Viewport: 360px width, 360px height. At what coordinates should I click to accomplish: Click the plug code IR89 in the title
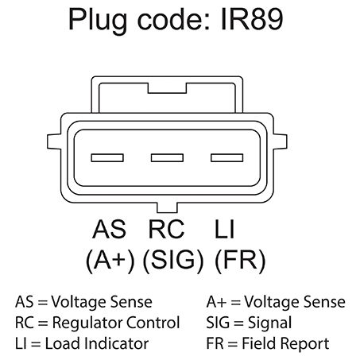tap(252, 19)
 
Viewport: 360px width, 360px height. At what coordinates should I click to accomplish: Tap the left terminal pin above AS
tap(107, 158)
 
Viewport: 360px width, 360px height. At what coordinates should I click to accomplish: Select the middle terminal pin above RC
tap(167, 158)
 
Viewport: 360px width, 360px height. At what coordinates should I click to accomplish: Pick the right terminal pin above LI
tap(227, 158)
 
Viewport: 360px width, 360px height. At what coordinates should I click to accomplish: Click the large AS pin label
tap(109, 229)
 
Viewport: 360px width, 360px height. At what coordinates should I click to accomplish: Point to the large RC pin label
tap(166, 229)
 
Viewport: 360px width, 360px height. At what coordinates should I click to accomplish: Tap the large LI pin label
tap(224, 229)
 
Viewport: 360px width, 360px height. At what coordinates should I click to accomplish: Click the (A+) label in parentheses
tap(110, 261)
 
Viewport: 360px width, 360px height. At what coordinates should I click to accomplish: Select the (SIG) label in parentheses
tap(173, 261)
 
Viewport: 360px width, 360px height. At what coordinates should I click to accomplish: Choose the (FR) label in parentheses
tap(240, 261)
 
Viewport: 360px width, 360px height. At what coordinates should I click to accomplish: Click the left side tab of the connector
tap(54, 141)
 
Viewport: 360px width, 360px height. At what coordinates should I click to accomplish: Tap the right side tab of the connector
tap(281, 141)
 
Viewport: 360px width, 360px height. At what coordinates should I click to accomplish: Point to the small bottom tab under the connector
tap(167, 208)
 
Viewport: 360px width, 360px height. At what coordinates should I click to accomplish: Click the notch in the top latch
tap(167, 88)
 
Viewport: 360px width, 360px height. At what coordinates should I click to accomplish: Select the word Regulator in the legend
tap(87, 323)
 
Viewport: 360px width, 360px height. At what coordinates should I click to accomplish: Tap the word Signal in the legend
tap(269, 323)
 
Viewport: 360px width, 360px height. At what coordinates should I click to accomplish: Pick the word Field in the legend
tap(259, 343)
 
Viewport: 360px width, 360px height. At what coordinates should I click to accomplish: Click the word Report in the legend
tap(304, 344)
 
